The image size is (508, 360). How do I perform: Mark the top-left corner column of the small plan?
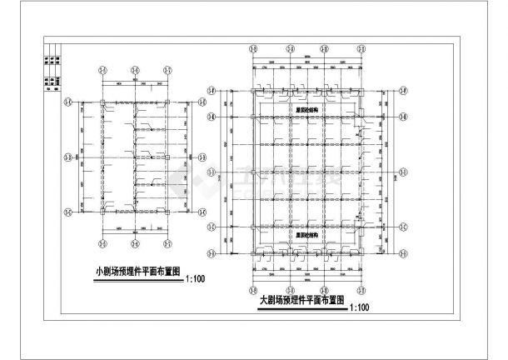102,102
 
